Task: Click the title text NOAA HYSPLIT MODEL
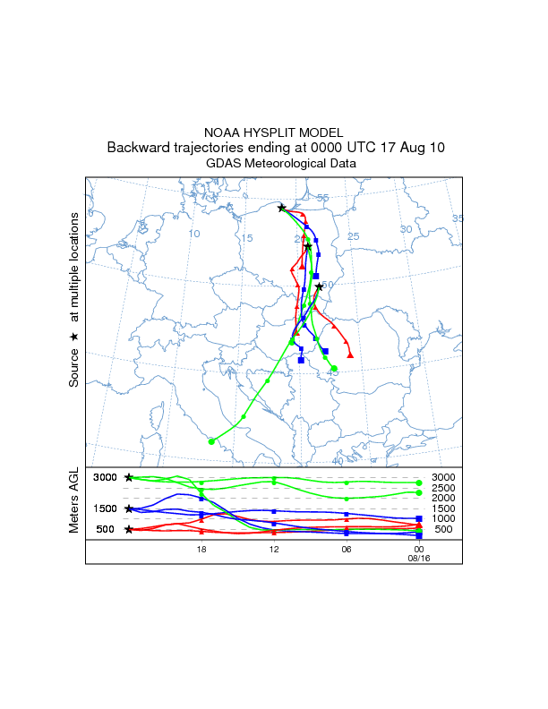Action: pos(273,132)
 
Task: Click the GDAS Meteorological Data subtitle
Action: pos(273,164)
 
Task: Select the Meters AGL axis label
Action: pos(73,500)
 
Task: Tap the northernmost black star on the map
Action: pos(282,208)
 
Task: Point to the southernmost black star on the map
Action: pos(319,286)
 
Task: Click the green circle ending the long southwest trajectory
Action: pos(211,440)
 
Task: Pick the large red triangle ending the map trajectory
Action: pos(350,354)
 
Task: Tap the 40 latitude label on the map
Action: pos(337,460)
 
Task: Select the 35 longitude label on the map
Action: pos(458,218)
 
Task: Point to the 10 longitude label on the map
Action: pos(194,234)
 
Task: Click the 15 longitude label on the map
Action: pos(248,238)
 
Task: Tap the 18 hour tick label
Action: pos(201,551)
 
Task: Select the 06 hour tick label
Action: pos(347,551)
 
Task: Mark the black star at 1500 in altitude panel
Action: pos(129,508)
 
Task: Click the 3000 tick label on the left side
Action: pos(106,477)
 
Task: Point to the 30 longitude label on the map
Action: pos(405,229)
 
